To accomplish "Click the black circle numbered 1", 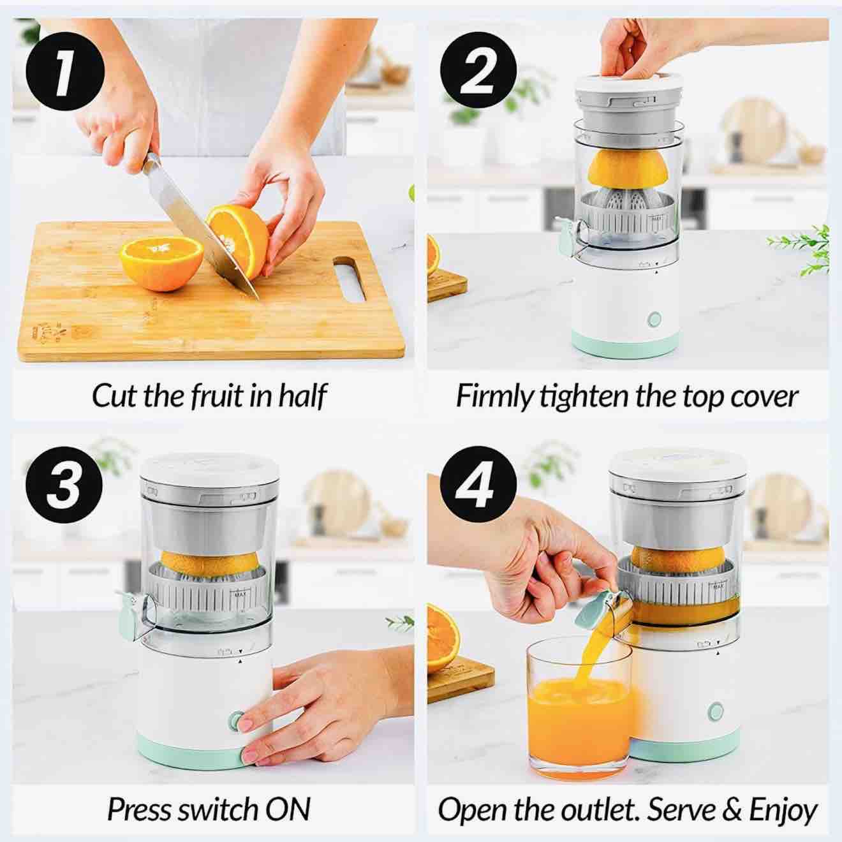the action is pyautogui.click(x=65, y=70).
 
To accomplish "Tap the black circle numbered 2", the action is pyautogui.click(x=478, y=70).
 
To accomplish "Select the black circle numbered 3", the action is pyautogui.click(x=64, y=485).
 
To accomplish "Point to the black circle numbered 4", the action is pyautogui.click(x=478, y=485).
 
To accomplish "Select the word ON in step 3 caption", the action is pyautogui.click(x=288, y=809).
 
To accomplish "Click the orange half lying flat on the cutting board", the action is pyautogui.click(x=161, y=263).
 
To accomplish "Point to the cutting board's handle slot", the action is pyautogui.click(x=349, y=278).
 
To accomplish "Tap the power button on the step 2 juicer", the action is pyautogui.click(x=654, y=319).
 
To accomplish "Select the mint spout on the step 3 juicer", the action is pyautogui.click(x=129, y=612).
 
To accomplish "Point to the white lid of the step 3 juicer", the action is pyautogui.click(x=209, y=468).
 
